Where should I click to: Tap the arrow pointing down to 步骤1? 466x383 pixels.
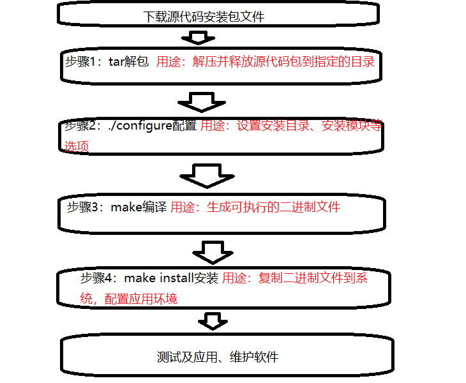(202, 38)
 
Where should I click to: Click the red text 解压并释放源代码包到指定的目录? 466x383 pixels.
(283, 62)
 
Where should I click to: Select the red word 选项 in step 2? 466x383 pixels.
(76, 146)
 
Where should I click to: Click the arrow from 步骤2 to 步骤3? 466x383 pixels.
(204, 175)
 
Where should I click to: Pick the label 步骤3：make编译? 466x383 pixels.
(117, 207)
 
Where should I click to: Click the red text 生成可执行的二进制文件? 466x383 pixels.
(273, 207)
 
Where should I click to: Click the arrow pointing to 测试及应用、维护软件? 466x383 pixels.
(213, 320)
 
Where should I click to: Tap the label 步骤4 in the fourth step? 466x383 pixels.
(96, 278)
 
